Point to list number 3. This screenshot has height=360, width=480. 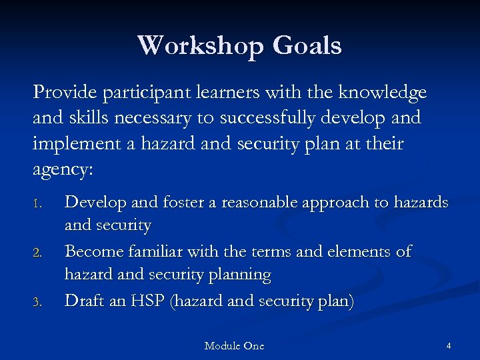click(x=38, y=303)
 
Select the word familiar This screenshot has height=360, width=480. click(x=154, y=252)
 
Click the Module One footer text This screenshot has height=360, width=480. click(x=234, y=346)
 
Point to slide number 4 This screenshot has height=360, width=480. click(x=449, y=346)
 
